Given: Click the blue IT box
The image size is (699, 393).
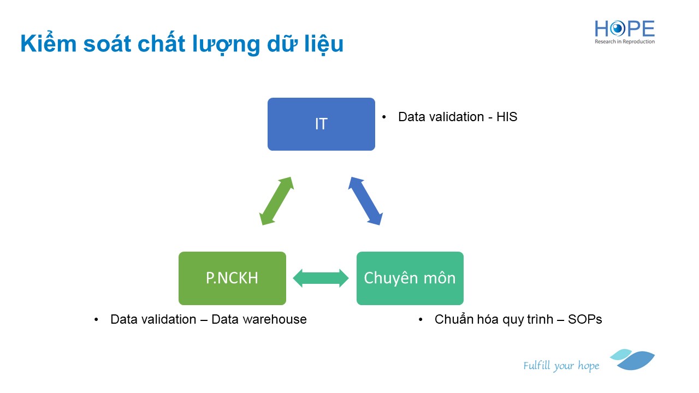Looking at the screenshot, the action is (x=321, y=124).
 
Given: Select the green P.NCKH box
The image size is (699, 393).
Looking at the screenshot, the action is (x=232, y=278).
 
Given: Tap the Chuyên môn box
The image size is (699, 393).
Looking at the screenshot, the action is (x=410, y=278).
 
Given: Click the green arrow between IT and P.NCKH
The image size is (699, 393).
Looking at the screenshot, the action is (x=276, y=201).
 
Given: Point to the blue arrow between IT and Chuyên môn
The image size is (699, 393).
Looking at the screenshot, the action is (x=365, y=201).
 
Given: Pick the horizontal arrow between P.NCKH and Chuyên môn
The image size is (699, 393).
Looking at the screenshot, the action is (x=321, y=278).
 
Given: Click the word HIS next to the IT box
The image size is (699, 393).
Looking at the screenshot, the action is (x=507, y=117).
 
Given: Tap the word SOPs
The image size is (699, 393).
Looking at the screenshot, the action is (x=585, y=319).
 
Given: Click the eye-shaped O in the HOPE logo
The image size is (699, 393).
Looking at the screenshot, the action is (x=617, y=29).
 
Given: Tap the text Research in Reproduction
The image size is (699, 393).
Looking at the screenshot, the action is (x=624, y=41).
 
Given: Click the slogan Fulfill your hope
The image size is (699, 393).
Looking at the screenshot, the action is (x=561, y=366).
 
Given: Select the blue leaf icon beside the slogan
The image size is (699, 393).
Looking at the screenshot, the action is (x=632, y=359).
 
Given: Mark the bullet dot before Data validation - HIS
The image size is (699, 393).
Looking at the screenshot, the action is (x=384, y=117).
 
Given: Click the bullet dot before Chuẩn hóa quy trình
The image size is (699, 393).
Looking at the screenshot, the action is (x=420, y=320).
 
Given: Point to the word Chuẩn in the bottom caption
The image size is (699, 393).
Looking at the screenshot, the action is (x=451, y=319).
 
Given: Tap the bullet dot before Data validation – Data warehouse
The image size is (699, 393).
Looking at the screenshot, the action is (x=96, y=320).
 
